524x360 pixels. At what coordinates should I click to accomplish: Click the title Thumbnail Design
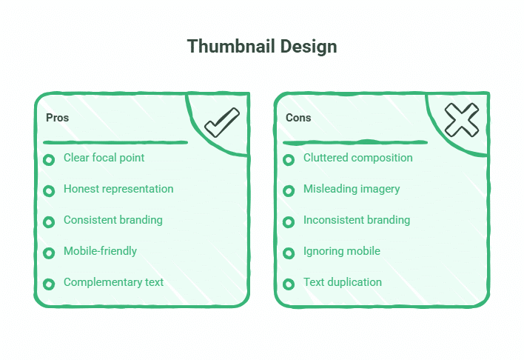(262, 46)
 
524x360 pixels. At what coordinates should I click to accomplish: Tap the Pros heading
(57, 118)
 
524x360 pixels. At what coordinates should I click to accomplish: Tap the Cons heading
(298, 118)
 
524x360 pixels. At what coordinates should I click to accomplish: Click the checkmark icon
(221, 122)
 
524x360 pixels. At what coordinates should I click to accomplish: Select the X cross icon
(461, 119)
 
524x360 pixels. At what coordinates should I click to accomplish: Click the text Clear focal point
(104, 158)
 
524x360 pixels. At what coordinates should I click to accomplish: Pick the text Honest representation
(118, 189)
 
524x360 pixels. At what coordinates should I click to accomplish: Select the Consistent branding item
(112, 220)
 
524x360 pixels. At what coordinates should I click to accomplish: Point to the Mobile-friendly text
(100, 251)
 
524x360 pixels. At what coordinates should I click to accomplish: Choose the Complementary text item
(113, 282)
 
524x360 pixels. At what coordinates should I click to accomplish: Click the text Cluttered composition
(357, 158)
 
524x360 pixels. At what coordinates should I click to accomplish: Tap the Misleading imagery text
(352, 189)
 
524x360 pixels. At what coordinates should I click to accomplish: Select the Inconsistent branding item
(356, 220)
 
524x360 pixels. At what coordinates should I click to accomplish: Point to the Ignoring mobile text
(341, 251)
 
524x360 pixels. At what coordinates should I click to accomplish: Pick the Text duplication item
(342, 282)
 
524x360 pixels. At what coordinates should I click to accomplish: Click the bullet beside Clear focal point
(49, 160)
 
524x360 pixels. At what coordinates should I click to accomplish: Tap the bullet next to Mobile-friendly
(49, 253)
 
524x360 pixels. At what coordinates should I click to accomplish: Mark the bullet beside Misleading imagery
(289, 191)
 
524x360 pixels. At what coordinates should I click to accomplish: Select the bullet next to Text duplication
(289, 284)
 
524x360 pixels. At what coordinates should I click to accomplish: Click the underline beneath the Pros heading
(115, 141)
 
